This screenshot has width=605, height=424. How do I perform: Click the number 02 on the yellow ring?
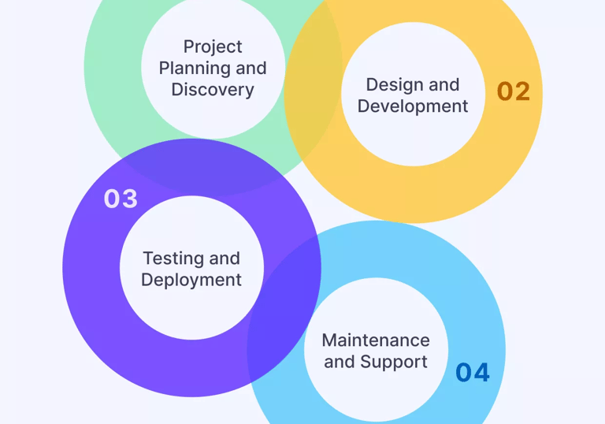point(513,91)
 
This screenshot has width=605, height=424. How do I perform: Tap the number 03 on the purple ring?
point(121,199)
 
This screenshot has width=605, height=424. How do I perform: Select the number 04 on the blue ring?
point(473,372)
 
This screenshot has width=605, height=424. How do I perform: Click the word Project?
point(213,47)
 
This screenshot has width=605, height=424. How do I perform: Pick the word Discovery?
point(213,90)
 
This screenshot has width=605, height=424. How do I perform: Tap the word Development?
point(413,106)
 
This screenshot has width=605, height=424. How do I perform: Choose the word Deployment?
point(191,280)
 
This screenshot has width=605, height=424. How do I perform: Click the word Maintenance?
point(376,340)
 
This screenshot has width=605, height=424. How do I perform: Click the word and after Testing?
point(225,258)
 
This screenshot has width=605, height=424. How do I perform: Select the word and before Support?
point(340,362)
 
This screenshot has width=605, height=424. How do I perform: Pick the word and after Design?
point(444,85)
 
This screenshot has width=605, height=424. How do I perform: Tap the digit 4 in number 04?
point(481,372)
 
